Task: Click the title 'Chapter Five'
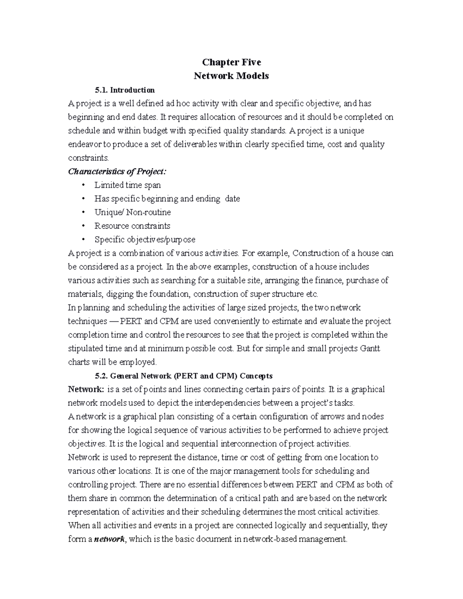pos(231,62)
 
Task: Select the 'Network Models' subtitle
pos(231,76)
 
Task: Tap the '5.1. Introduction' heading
pos(125,90)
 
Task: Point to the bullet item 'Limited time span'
pos(127,185)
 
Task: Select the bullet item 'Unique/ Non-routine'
pos(132,212)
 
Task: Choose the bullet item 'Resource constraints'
pos(132,226)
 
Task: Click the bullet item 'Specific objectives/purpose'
pos(145,240)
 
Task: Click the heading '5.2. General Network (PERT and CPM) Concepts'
pos(184,376)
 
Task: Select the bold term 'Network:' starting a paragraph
pos(86,389)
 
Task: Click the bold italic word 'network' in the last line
pos(109,539)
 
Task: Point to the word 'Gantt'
pos(370,348)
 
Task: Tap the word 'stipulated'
pos(85,348)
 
